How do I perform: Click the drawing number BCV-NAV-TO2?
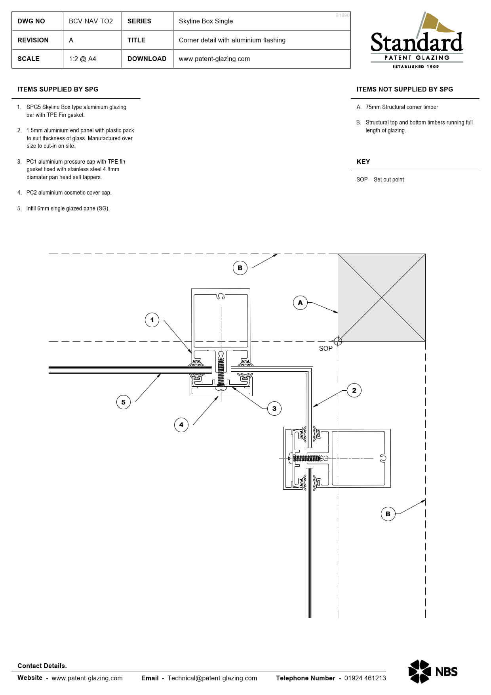(x=91, y=21)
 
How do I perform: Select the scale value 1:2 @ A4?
(x=82, y=59)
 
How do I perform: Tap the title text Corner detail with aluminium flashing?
(x=232, y=40)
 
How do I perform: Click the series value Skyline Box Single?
(x=206, y=21)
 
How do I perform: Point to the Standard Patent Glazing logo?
(x=417, y=42)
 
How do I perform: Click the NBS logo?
(x=433, y=672)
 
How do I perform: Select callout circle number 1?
(x=152, y=320)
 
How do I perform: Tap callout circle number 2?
(x=354, y=390)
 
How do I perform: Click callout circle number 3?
(x=274, y=409)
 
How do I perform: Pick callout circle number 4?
(x=181, y=425)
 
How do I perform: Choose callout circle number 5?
(x=124, y=402)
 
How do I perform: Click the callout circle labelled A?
(x=300, y=303)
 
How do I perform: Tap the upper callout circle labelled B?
(x=240, y=268)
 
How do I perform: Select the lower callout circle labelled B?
(x=388, y=514)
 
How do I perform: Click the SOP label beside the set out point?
(x=325, y=348)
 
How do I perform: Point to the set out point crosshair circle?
(x=338, y=341)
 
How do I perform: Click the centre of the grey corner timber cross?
(x=382, y=297)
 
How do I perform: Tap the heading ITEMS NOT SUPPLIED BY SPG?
(x=404, y=89)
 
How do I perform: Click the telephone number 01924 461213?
(x=365, y=678)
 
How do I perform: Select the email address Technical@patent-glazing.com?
(x=212, y=678)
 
